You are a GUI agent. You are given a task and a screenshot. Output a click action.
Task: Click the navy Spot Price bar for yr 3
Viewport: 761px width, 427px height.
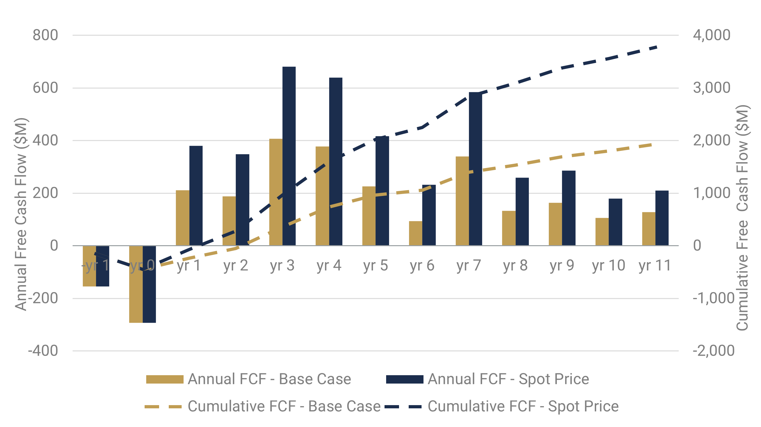tap(289, 154)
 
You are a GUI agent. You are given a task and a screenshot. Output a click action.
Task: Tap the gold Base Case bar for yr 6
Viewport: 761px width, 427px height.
tap(415, 233)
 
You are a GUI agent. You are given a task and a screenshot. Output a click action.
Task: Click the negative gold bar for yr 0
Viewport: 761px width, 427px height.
tap(136, 285)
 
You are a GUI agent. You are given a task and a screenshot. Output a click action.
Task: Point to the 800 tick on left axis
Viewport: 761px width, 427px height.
tap(45, 35)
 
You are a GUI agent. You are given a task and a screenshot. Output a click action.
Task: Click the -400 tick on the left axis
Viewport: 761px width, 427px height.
tap(43, 351)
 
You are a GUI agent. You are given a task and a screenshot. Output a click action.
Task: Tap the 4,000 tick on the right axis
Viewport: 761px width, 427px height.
tap(711, 35)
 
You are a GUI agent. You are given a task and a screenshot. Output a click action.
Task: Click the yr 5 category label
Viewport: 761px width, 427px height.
tap(375, 266)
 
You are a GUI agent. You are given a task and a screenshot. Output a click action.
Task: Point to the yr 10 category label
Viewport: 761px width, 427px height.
tap(608, 266)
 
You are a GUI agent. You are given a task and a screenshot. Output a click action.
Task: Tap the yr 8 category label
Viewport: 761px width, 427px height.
tap(515, 266)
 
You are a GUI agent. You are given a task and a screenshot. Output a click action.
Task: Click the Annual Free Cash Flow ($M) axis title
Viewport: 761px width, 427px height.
tap(21, 214)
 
